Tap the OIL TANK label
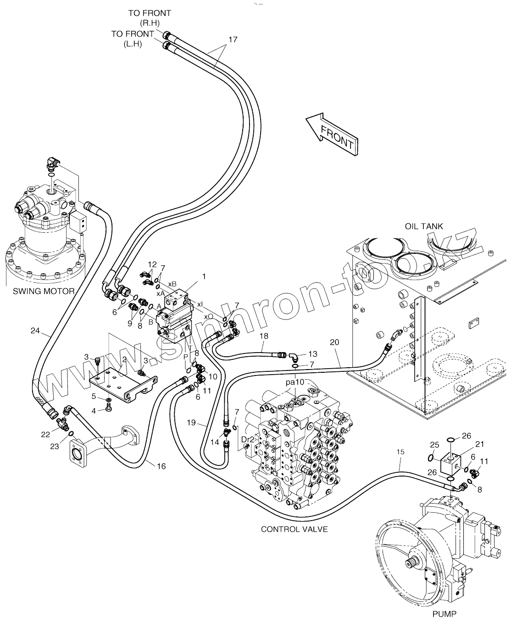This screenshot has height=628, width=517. coord(424,226)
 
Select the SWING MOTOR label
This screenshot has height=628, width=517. coord(44,291)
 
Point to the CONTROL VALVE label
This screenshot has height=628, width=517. coord(294,529)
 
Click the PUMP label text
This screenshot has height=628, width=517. coord(444,613)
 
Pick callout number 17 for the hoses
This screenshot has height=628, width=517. coord(233,39)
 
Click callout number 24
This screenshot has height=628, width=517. coord(35,330)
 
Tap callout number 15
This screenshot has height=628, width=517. coord(400,452)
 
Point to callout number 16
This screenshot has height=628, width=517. coord(161,466)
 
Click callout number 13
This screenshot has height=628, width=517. coord(312,353)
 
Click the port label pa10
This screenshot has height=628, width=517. coord(295,382)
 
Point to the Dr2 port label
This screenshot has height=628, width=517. coord(248,439)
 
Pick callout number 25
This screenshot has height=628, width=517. coord(434,444)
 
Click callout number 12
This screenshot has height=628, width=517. coord(152,264)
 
